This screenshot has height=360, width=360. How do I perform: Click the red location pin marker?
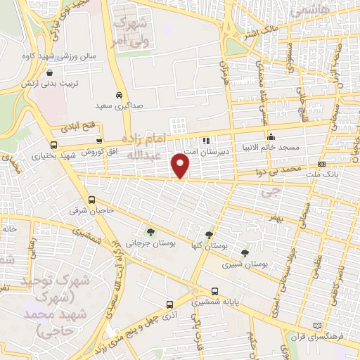[181, 167]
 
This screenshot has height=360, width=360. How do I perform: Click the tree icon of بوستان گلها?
[209, 235]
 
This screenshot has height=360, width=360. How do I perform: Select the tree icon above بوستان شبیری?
[244, 253]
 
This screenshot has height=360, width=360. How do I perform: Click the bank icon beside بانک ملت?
[322, 164]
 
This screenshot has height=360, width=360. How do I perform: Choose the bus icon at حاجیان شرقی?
[92, 200]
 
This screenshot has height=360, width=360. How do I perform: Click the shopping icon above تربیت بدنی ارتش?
[49, 72]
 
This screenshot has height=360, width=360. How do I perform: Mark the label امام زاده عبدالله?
[143, 145]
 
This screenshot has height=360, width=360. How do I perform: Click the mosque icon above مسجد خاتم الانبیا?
[270, 137]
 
